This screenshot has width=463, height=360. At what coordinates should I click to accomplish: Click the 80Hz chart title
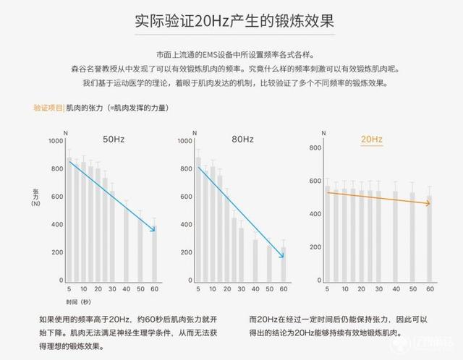(x=242, y=139)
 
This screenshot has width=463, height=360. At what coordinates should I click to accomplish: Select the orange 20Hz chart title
(x=371, y=139)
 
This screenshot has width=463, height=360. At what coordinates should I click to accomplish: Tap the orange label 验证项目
(x=48, y=108)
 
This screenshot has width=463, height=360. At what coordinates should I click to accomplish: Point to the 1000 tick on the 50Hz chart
(x=56, y=141)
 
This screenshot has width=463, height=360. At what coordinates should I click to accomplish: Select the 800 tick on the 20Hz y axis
(x=315, y=148)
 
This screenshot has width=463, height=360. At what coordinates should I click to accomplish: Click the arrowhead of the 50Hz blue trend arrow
(x=155, y=231)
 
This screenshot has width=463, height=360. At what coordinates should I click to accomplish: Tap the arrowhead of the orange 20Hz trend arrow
(x=428, y=204)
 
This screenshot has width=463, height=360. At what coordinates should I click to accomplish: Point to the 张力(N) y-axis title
(x=36, y=199)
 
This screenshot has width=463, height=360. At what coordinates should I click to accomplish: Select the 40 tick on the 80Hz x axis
(x=255, y=288)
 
